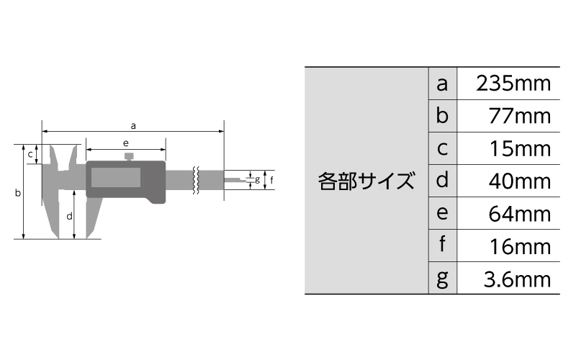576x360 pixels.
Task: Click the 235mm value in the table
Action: click(513, 84)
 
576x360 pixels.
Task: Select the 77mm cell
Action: click(519, 116)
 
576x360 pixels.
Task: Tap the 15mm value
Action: click(520, 148)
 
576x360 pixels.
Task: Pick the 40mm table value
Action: click(519, 181)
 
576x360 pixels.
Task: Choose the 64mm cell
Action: click(519, 214)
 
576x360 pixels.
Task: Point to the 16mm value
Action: click(520, 246)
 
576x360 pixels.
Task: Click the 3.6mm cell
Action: click(517, 279)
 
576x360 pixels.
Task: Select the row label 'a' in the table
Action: click(442, 84)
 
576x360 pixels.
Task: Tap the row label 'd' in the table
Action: click(442, 180)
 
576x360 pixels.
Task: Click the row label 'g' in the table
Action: click(442, 279)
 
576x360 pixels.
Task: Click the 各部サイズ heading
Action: click(366, 181)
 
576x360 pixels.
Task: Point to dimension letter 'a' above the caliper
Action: click(133, 126)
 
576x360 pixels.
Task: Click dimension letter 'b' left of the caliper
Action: click(17, 192)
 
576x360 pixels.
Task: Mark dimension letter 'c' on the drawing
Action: click(30, 155)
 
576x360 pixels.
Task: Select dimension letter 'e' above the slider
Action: click(125, 143)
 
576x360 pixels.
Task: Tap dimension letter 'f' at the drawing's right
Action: click(271, 179)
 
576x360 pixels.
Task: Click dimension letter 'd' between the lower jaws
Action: click(69, 216)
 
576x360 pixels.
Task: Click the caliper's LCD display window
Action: click(116, 177)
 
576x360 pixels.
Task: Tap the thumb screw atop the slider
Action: click(129, 156)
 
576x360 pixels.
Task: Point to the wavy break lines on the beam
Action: click(196, 180)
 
